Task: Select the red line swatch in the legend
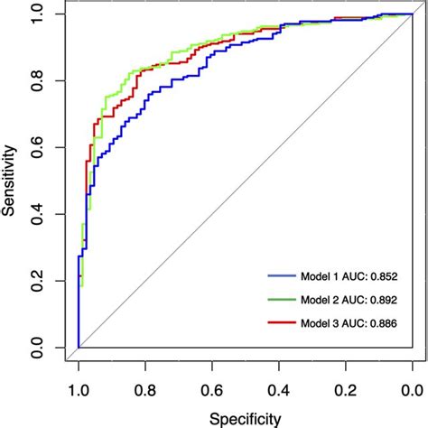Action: [282, 322]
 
